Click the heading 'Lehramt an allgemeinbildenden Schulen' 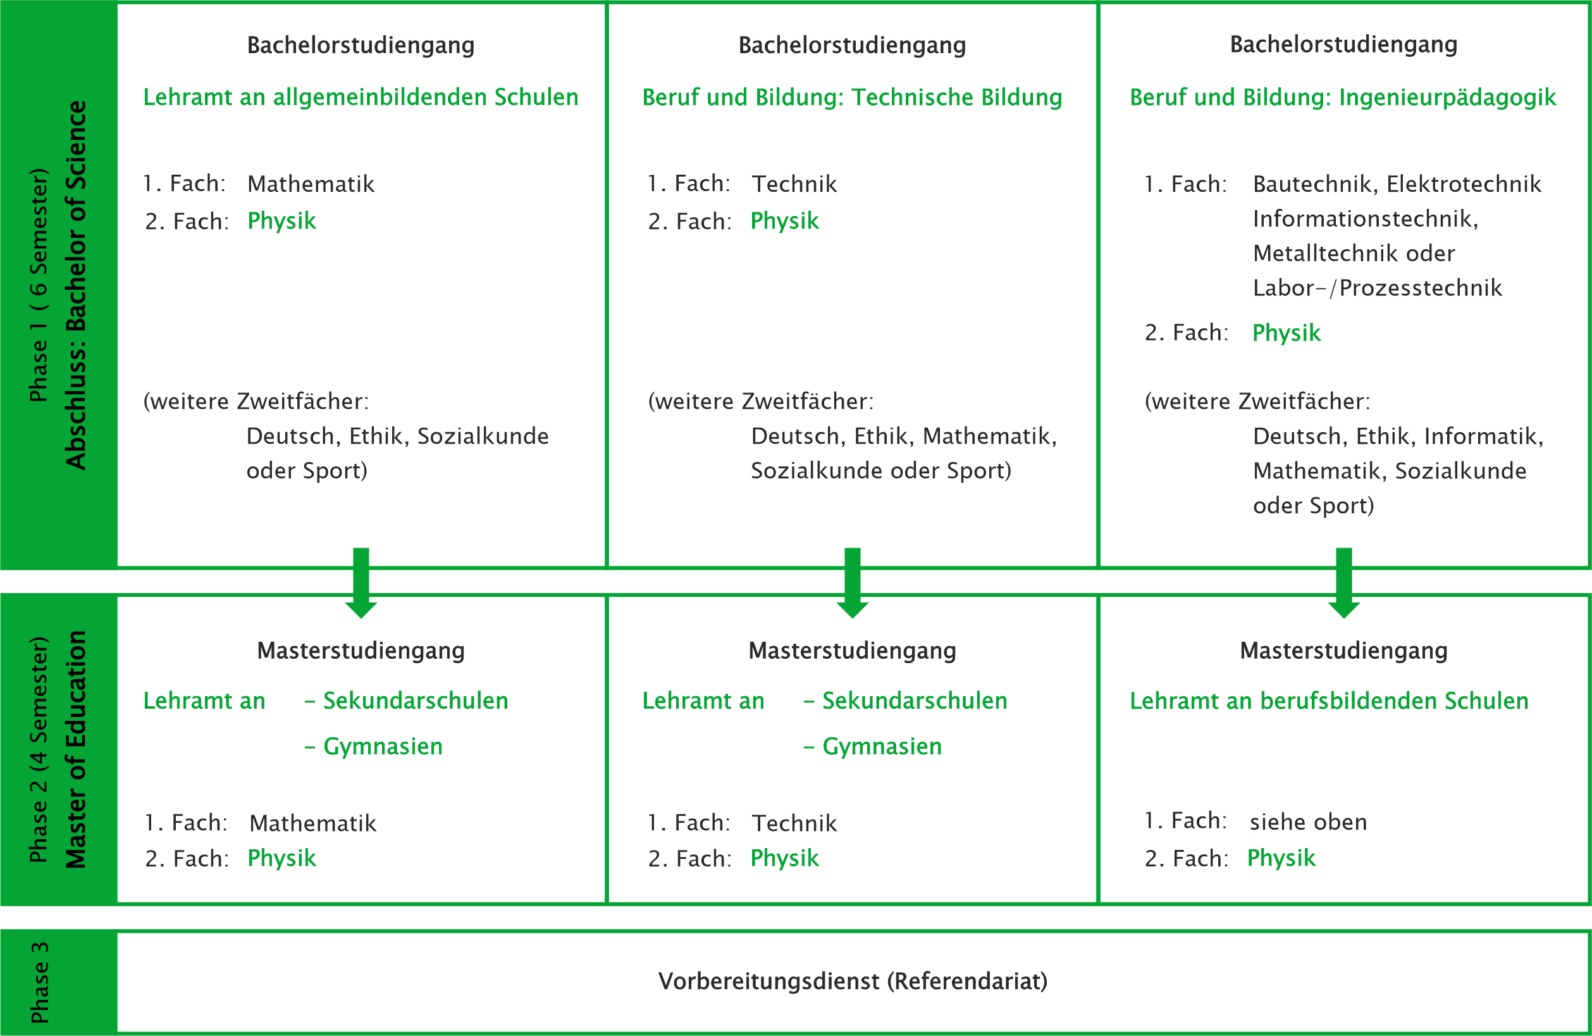[x=361, y=97]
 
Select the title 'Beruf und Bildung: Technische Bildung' [x=851, y=97]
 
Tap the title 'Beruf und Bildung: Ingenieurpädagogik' [x=1343, y=97]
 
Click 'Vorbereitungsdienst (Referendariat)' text [x=852, y=981]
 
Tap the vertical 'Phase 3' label [x=39, y=982]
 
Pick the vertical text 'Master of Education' [x=76, y=749]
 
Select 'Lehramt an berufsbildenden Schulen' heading [x=1329, y=701]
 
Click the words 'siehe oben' [x=1308, y=822]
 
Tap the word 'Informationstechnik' [x=1364, y=219]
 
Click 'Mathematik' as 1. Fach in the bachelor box [x=311, y=184]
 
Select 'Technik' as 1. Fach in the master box [x=794, y=823]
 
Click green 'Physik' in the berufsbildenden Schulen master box [x=1281, y=858]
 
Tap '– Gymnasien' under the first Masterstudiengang [x=373, y=746]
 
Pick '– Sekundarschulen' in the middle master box [x=905, y=701]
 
